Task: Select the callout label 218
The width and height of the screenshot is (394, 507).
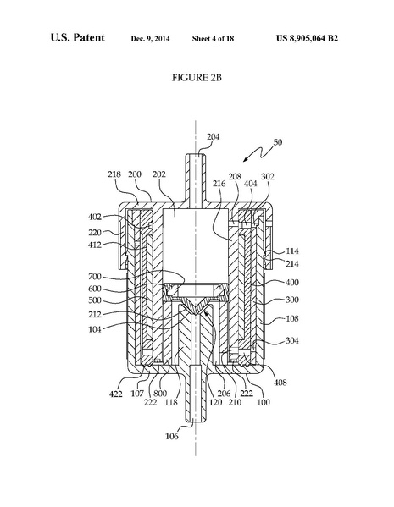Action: point(115,175)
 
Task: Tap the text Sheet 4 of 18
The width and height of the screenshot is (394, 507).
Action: point(219,40)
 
